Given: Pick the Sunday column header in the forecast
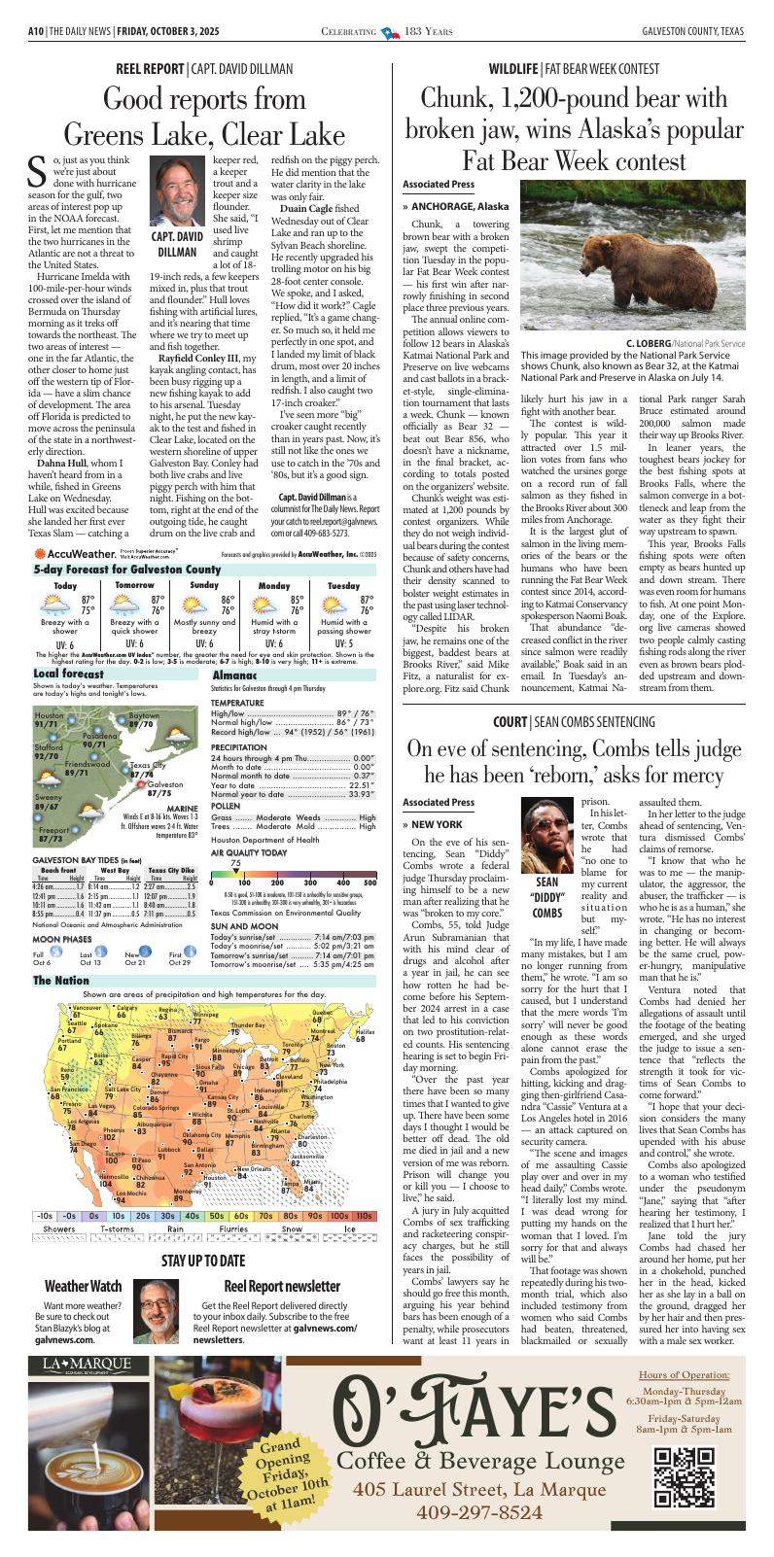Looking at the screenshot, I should coord(204,585).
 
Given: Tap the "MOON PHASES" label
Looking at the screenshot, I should coord(62,940).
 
